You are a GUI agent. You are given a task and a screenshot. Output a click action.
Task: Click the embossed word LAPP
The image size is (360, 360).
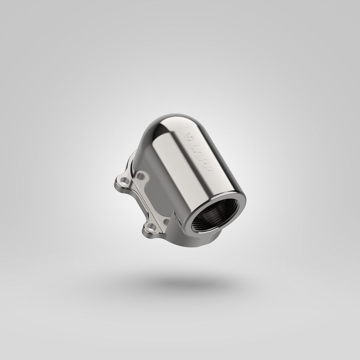point(202,158)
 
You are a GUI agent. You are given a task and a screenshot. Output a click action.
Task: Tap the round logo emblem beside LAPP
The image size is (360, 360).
point(189,137)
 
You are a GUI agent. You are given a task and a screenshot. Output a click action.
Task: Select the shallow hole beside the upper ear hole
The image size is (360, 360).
point(140,176)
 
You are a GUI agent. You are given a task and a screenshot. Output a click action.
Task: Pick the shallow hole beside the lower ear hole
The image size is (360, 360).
point(166,222)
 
